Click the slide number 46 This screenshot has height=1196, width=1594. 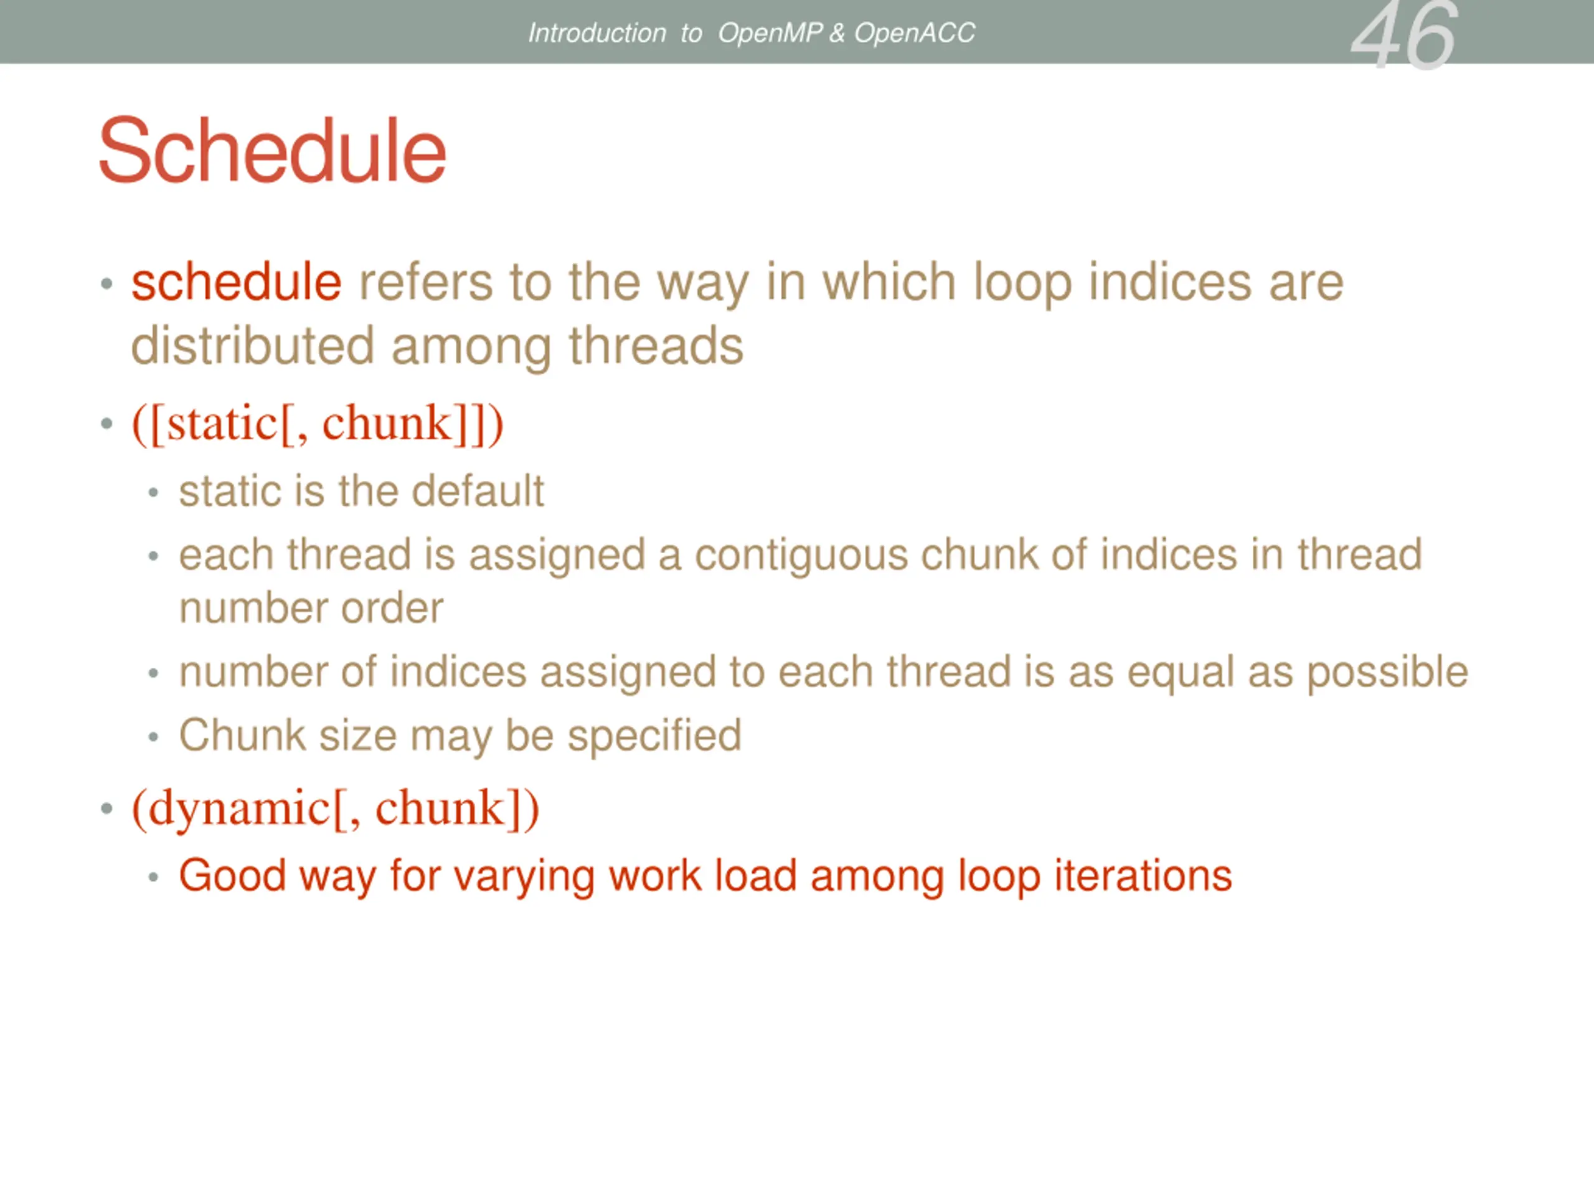point(1403,36)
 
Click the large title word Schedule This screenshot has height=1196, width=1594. point(272,151)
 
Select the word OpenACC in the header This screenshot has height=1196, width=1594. point(915,33)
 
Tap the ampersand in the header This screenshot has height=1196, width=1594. point(837,33)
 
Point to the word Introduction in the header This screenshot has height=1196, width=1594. point(597,33)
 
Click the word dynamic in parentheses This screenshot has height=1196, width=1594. point(239,808)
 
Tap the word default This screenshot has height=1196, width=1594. point(477,491)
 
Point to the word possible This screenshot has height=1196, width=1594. point(1387,673)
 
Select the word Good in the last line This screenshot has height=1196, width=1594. point(232,876)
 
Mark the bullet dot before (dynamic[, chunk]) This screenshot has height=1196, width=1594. point(106,809)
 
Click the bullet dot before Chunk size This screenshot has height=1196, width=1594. point(153,738)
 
